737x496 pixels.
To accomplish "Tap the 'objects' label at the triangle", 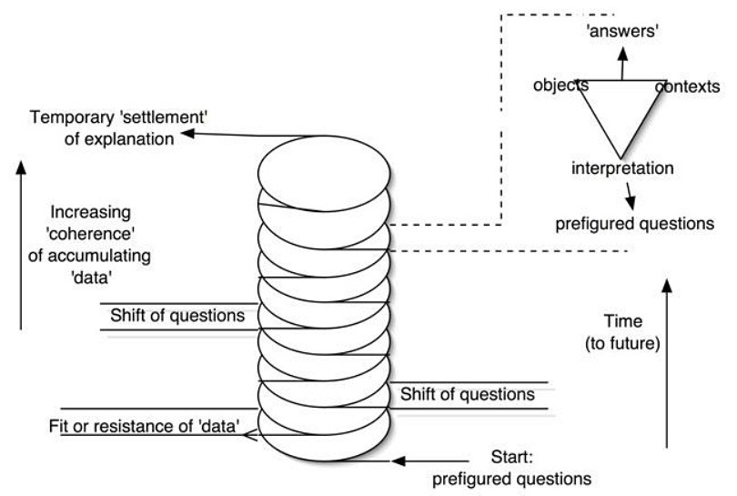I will point(560,86).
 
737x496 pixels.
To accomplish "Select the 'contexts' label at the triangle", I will point(688,86).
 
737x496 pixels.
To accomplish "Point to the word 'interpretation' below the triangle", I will point(622,168).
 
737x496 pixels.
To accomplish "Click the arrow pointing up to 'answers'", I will point(622,64).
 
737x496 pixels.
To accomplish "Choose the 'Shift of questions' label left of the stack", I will point(177,316).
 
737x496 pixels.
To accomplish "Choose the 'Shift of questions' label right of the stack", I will point(467,395).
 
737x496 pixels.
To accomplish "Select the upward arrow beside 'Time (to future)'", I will point(668,364).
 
